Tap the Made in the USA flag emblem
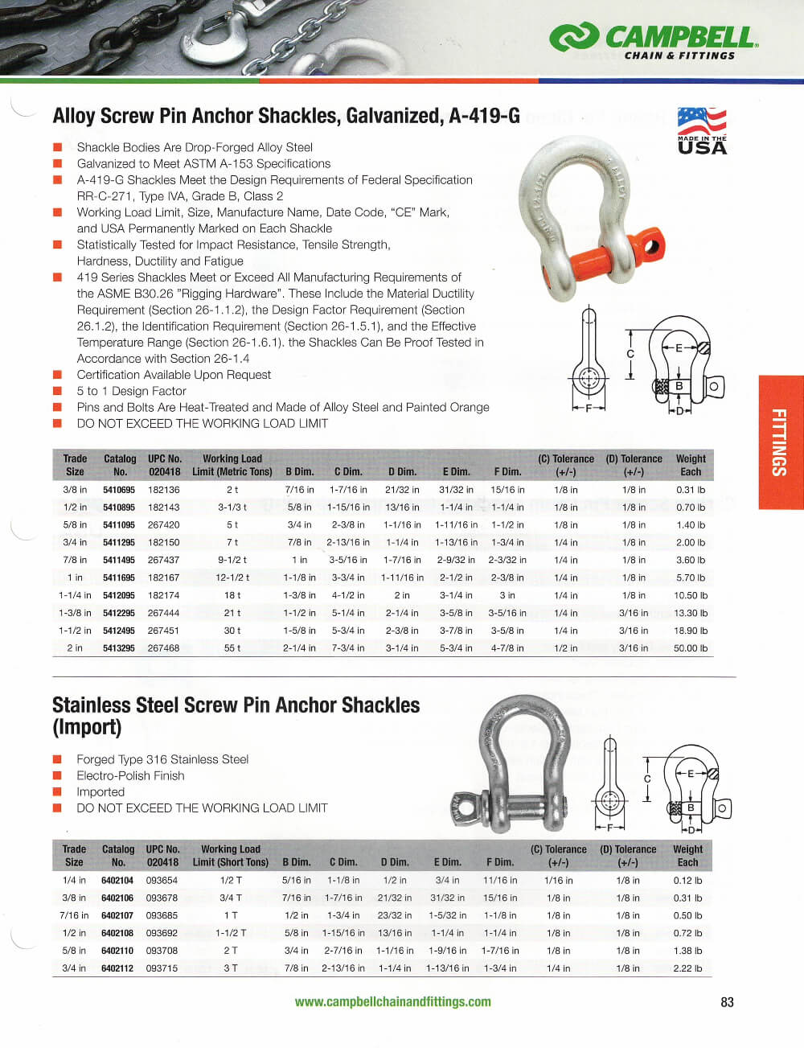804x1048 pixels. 701,130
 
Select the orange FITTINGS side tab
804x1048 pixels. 780,442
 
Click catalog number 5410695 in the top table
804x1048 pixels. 119,490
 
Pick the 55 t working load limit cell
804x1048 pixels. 232,648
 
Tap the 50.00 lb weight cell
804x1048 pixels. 690,648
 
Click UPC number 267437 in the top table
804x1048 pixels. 163,560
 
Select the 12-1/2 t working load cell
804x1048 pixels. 232,577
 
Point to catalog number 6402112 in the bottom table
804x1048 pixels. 117,968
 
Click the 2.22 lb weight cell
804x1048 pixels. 687,968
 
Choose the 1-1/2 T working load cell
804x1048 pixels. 231,933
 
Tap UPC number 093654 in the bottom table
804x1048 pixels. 162,881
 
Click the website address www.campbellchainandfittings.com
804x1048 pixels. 392,1002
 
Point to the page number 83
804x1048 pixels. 727,1002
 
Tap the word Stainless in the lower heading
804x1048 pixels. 89,705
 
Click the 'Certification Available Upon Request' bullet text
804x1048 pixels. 174,375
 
